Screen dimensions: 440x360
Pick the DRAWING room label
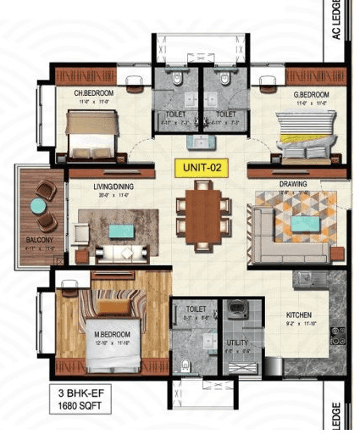[x=292, y=184]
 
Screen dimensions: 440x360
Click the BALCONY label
[x=37, y=242]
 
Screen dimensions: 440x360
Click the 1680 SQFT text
[x=80, y=407]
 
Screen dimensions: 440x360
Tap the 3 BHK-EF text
[x=80, y=394]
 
